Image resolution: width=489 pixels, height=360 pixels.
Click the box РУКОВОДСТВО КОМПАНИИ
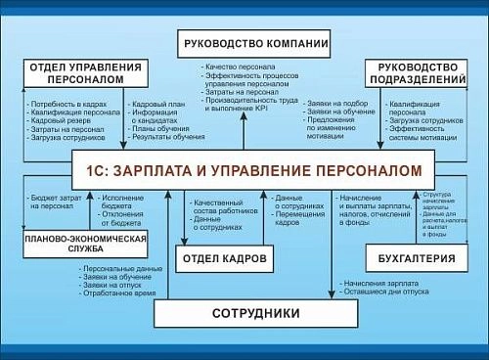253,43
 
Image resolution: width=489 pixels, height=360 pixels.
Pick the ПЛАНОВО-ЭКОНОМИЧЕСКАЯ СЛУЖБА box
87,244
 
